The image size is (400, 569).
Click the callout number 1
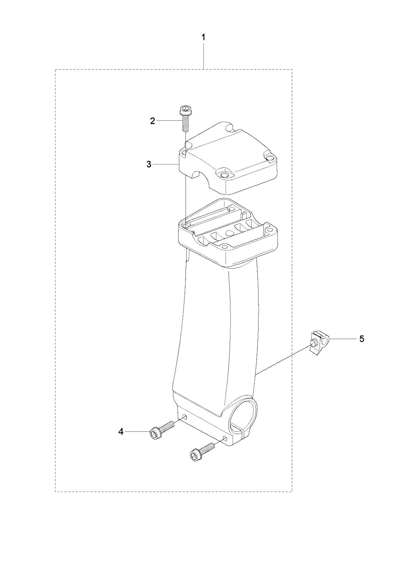tap(203, 38)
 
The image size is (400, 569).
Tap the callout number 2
tap(152, 121)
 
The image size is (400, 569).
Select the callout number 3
tap(149, 164)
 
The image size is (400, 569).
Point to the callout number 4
tap(121, 432)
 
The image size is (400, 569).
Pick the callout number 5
tap(362, 339)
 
